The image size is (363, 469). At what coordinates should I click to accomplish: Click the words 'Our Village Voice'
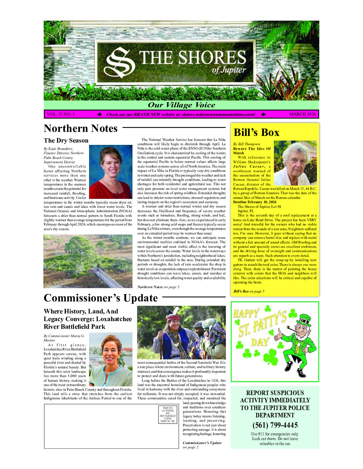click(181, 105)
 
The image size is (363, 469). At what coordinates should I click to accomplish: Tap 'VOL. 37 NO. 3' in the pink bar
click(61, 114)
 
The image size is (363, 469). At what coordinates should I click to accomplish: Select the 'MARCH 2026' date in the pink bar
click(302, 114)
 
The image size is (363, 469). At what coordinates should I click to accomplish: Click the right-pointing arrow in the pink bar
click(99, 115)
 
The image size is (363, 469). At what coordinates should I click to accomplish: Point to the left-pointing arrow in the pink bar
click(263, 115)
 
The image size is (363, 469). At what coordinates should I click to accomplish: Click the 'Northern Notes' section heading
click(80, 128)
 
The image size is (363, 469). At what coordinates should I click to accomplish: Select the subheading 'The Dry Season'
click(66, 140)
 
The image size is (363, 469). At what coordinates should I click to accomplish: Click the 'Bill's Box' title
click(256, 132)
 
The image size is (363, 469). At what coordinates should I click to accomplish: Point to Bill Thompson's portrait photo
click(295, 163)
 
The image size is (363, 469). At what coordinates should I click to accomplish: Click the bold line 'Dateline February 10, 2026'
click(255, 202)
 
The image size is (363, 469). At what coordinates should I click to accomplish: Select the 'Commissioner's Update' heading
click(100, 298)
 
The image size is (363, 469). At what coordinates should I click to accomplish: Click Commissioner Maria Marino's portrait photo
click(110, 359)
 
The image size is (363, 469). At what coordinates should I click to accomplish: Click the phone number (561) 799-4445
click(275, 425)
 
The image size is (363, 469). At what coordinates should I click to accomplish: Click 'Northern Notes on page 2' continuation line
click(158, 287)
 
